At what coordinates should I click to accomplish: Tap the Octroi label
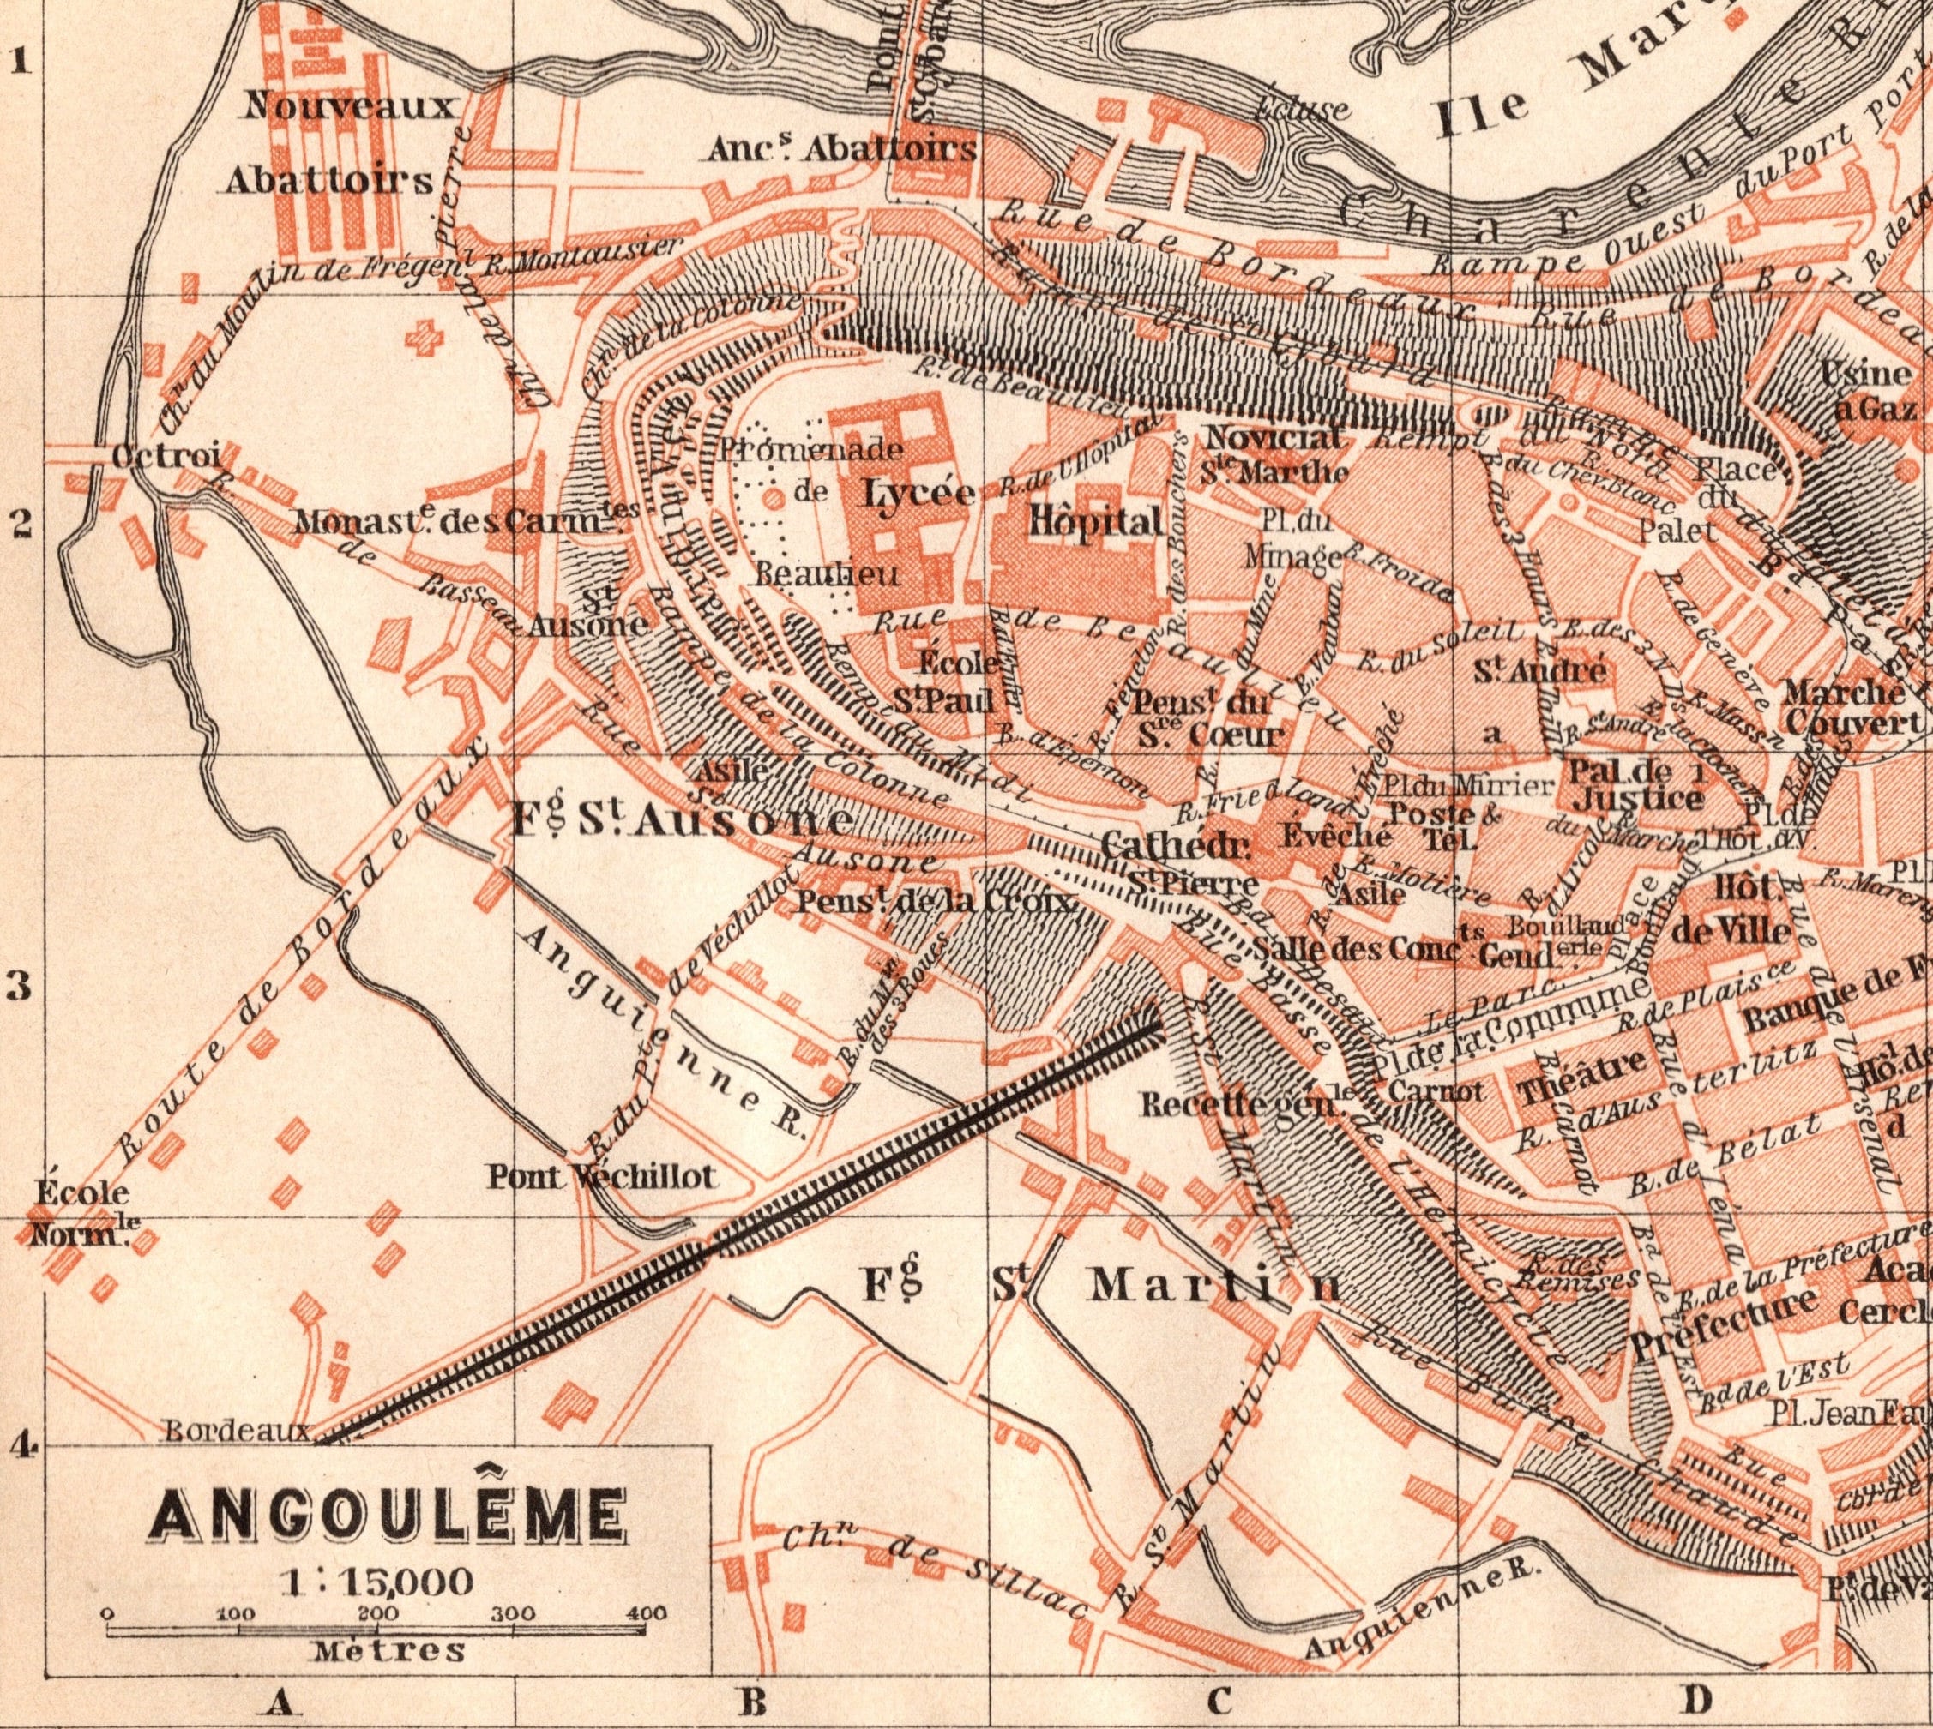[166, 456]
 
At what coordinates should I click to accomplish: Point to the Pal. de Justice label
[1636, 783]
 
